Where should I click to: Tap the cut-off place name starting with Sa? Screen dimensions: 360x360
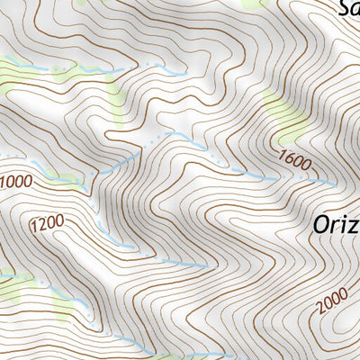pyautogui.click(x=348, y=9)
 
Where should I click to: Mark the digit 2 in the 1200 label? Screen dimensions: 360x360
pyautogui.click(x=41, y=227)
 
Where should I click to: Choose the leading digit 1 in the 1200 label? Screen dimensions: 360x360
pyautogui.click(x=34, y=230)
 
